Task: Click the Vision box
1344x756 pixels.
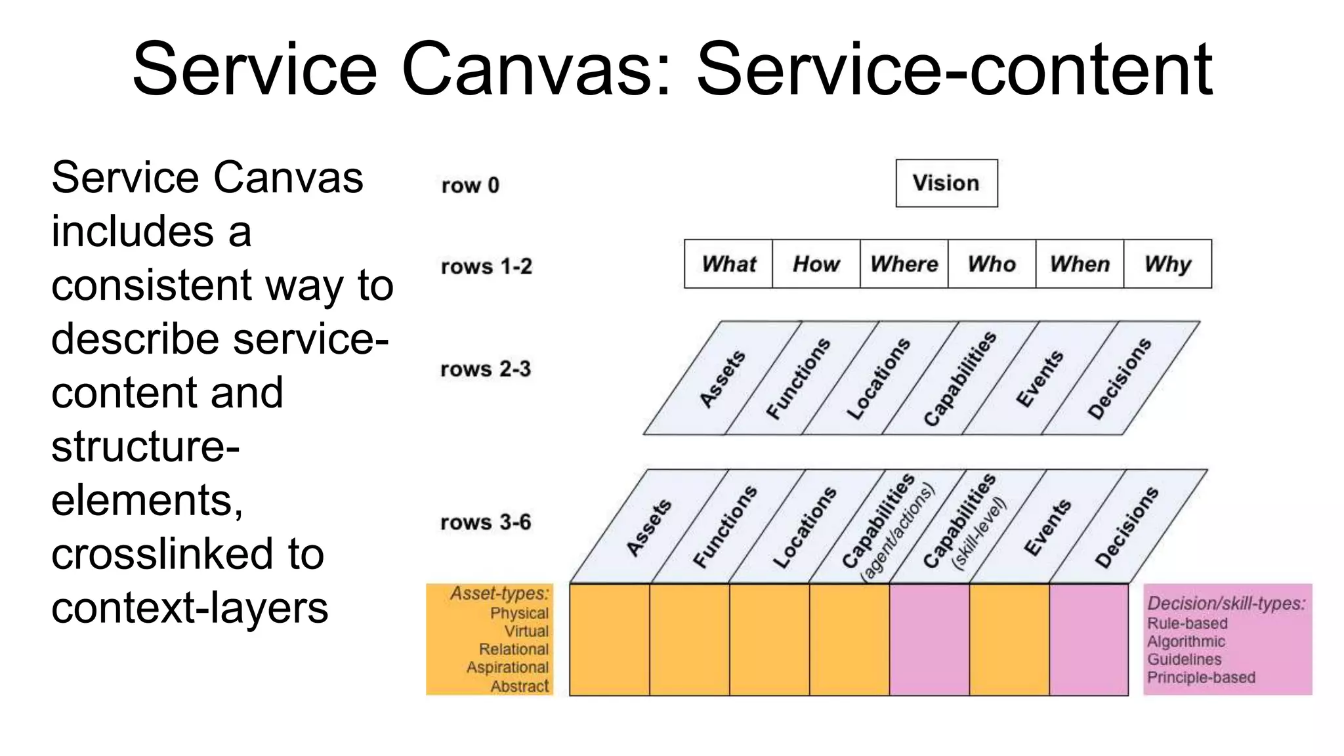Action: [x=946, y=183]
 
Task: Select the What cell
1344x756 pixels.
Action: [x=728, y=264]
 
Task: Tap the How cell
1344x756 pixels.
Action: [x=816, y=264]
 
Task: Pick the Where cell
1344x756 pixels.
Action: [x=904, y=264]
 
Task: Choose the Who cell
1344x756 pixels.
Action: [x=992, y=264]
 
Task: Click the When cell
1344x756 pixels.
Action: [x=1080, y=264]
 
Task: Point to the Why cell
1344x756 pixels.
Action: [x=1167, y=264]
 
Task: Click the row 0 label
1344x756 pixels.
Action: [x=470, y=186]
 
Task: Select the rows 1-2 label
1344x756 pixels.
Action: [x=486, y=266]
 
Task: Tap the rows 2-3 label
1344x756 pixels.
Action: [x=486, y=369]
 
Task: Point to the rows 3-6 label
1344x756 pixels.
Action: [x=486, y=522]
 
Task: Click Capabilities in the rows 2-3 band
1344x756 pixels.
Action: [x=959, y=379]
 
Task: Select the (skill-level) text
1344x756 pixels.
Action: [x=979, y=533]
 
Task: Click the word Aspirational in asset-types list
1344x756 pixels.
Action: [x=507, y=667]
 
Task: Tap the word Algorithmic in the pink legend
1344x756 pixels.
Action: [x=1186, y=641]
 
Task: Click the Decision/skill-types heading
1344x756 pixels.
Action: [x=1226, y=603]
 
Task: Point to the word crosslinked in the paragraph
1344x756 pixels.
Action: [x=188, y=554]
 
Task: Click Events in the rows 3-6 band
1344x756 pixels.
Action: [x=1047, y=528]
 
